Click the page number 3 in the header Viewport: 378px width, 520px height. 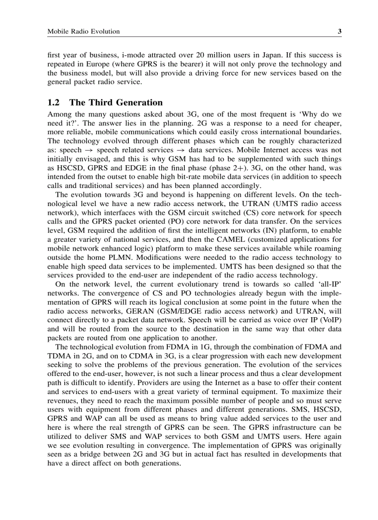(339, 31)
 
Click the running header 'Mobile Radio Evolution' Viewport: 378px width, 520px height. (83, 31)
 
